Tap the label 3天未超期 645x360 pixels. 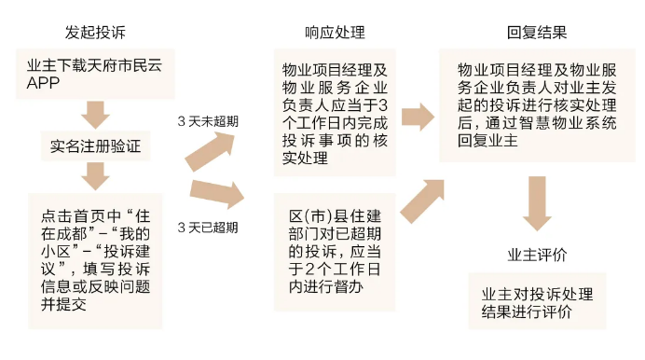point(207,122)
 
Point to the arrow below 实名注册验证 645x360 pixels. point(97,174)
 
